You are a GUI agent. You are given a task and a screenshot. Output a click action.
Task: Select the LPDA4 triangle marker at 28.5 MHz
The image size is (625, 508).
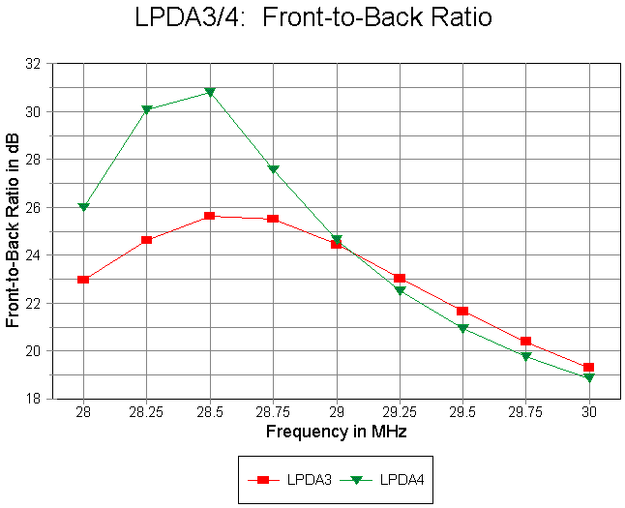(x=210, y=93)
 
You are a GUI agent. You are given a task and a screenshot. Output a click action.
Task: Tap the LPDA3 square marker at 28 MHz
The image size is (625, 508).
(x=83, y=280)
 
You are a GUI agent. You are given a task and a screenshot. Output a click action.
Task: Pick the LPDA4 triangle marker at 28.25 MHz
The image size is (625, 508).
(x=147, y=109)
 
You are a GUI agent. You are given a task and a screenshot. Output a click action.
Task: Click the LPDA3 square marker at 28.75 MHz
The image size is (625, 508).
(x=273, y=219)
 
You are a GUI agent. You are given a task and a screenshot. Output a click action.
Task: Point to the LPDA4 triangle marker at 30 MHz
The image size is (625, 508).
(x=589, y=377)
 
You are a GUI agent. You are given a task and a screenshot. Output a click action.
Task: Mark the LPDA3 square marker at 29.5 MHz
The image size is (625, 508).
(x=462, y=311)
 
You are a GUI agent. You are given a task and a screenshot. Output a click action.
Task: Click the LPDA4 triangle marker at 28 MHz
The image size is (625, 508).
(x=83, y=207)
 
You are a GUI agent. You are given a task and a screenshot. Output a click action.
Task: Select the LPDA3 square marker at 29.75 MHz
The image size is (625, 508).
(x=526, y=341)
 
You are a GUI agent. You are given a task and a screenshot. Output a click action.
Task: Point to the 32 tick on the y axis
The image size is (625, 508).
(x=40, y=64)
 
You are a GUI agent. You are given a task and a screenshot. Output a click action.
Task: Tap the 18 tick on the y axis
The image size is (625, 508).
(x=40, y=399)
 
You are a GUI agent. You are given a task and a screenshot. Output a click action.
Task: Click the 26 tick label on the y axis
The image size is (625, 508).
(x=40, y=207)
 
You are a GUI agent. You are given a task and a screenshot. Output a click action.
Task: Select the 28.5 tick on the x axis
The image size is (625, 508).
(x=210, y=411)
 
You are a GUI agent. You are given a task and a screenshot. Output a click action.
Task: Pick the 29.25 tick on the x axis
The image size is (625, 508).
(x=400, y=411)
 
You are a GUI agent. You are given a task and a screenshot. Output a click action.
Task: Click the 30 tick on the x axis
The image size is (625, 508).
(x=589, y=411)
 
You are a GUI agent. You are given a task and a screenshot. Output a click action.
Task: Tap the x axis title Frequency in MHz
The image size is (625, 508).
(x=336, y=432)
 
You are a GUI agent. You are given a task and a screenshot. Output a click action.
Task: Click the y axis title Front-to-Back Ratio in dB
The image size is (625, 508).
(x=14, y=231)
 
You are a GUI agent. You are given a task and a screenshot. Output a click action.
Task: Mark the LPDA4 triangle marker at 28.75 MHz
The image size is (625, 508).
(x=273, y=169)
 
